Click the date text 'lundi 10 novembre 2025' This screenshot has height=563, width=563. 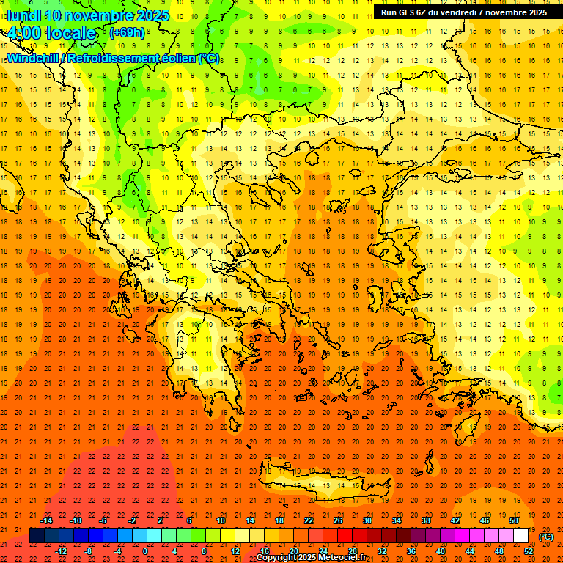click(88, 15)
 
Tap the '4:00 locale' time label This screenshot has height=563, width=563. click(51, 33)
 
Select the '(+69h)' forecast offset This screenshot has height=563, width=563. click(127, 33)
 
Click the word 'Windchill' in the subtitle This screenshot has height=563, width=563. click(35, 58)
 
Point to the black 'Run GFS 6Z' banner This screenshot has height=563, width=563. click(464, 12)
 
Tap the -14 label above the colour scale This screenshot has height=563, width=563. click(47, 520)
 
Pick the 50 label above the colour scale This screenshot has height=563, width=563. click(513, 520)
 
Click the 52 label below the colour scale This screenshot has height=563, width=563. click(528, 551)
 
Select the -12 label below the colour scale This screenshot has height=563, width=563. click(62, 551)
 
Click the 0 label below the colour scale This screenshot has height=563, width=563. click(146, 551)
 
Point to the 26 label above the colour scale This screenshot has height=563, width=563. click(338, 520)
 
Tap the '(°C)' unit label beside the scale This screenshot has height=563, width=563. click(546, 537)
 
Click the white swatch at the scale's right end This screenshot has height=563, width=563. click(520, 536)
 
